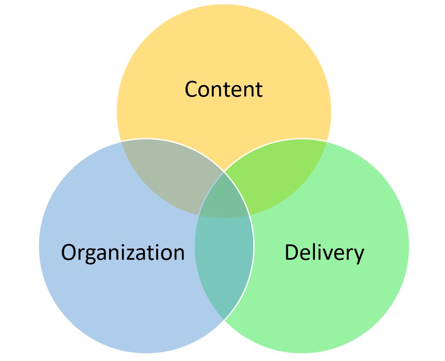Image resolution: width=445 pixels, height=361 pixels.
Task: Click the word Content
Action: (x=224, y=89)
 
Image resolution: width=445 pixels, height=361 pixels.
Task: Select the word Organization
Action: (x=123, y=252)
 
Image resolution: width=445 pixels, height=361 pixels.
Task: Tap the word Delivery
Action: (x=324, y=252)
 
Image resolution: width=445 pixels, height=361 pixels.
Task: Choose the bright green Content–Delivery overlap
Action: (x=279, y=176)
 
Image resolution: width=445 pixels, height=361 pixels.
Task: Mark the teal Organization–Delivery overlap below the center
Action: (x=224, y=264)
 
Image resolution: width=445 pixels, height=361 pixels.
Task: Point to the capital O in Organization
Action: (x=69, y=252)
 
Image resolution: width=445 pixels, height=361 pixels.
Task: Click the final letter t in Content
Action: (x=258, y=91)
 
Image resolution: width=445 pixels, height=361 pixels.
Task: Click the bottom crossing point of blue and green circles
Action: (x=224, y=320)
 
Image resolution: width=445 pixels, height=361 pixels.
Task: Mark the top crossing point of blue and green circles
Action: (x=224, y=172)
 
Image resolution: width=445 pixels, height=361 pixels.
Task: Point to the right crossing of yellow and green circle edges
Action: (x=326, y=141)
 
